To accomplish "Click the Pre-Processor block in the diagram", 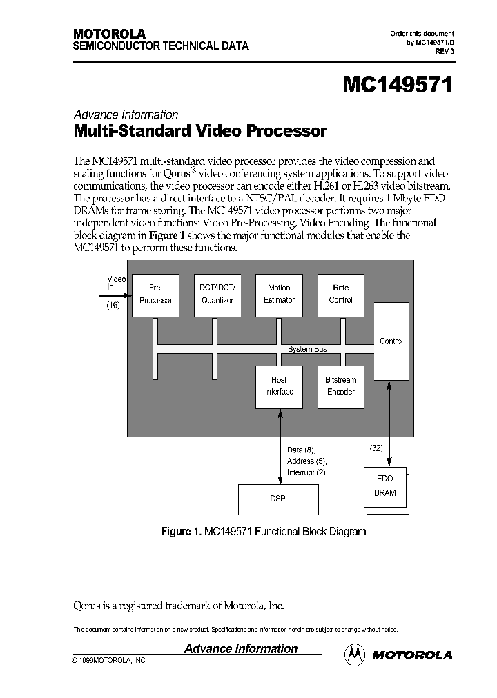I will pos(155,295).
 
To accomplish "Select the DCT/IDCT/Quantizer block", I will pos(217,295).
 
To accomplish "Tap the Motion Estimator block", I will pos(279,295).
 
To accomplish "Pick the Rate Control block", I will pos(341,295).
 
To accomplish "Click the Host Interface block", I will pos(279,386).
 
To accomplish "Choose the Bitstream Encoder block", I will pos(341,386).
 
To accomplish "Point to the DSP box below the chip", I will pos(278,498).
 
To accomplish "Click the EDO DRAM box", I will pos(384,486).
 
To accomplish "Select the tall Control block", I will pos(391,341).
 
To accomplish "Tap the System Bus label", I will pos(307,349).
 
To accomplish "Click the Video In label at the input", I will pos(116,283).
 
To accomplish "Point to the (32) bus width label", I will pos(376,448).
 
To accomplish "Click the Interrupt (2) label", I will pos(306,472).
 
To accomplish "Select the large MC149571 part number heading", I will pos(398,86).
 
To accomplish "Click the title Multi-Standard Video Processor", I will pos(199,130).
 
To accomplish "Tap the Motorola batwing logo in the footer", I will pos(355,654).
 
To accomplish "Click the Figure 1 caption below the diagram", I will pos(263,532).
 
